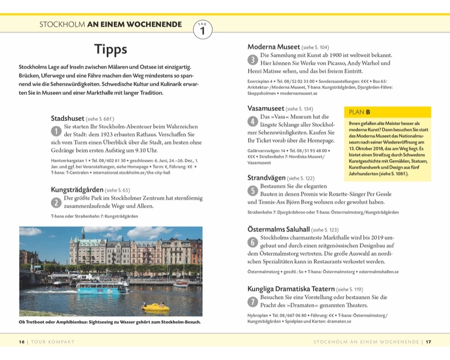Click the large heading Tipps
(111, 49)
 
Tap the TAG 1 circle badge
(202, 30)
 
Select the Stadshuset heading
(67, 119)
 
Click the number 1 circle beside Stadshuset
(56, 131)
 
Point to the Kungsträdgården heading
(77, 189)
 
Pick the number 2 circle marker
(56, 202)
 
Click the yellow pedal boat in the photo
(155, 307)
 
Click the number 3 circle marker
(252, 60)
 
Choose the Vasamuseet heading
(266, 108)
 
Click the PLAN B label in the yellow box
(360, 112)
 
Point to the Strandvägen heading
(266, 178)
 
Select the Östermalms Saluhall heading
(278, 229)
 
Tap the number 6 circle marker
(252, 242)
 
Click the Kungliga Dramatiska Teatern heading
(291, 288)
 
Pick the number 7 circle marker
(252, 301)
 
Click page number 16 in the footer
(21, 342)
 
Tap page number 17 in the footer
(429, 342)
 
